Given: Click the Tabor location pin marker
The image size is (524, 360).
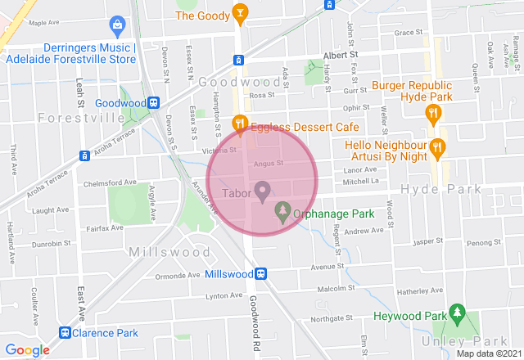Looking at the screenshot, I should click(x=263, y=193).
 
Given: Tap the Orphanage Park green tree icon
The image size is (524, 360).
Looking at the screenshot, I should click(x=282, y=211).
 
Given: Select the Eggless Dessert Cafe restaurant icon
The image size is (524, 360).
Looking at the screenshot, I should click(x=239, y=124).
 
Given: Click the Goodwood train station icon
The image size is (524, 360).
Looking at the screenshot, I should click(x=153, y=103).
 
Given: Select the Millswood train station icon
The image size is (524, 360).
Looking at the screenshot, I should click(x=260, y=274).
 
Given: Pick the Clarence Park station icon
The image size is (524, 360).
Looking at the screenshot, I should click(x=64, y=333).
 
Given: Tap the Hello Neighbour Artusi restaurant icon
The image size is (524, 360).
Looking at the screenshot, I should click(x=437, y=147).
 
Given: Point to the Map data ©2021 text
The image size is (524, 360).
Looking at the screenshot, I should click(x=488, y=353).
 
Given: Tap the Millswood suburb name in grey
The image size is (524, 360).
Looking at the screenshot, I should click(x=169, y=252).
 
